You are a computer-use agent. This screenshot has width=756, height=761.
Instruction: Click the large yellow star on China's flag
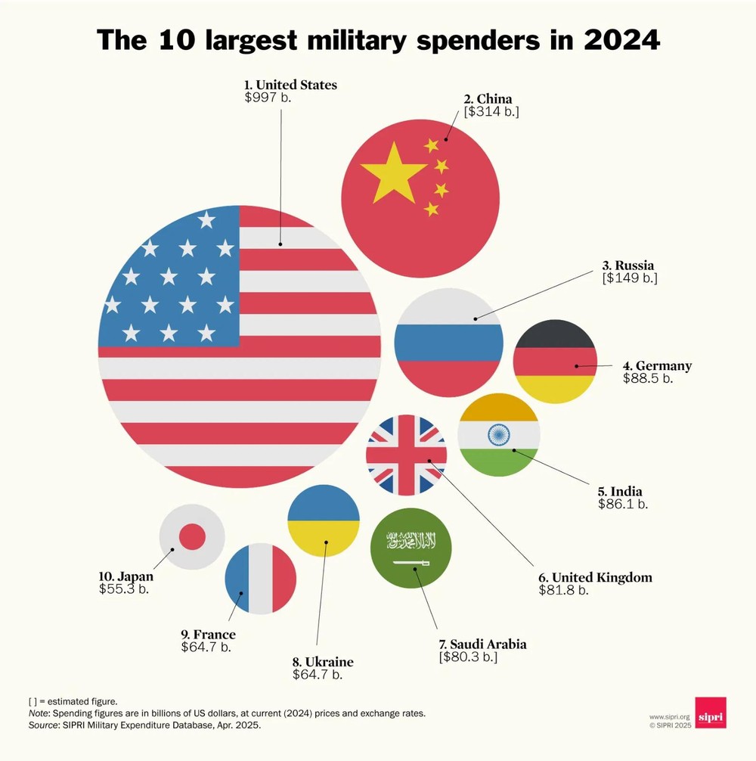(x=393, y=172)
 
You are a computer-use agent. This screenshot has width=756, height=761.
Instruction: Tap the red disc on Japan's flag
(x=192, y=537)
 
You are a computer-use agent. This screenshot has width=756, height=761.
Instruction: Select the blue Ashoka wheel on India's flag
(x=499, y=434)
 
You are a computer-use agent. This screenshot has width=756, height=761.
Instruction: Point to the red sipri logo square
(x=710, y=713)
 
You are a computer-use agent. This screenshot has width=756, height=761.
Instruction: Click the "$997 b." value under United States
(x=268, y=98)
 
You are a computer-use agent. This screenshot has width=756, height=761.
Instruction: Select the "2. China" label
(x=488, y=98)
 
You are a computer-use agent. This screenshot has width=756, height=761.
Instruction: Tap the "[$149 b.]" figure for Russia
(x=630, y=278)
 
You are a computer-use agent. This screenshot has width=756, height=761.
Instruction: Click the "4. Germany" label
(x=657, y=365)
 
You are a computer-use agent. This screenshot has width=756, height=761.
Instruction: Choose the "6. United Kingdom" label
(x=595, y=577)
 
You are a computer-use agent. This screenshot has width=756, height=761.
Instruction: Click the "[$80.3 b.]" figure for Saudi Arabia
(x=468, y=657)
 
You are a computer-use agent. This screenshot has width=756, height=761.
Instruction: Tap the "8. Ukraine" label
(x=323, y=662)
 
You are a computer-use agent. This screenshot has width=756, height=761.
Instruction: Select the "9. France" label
(x=208, y=634)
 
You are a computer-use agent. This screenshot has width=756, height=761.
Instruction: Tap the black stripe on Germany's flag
(x=555, y=334)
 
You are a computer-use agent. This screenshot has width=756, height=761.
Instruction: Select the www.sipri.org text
(x=670, y=716)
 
